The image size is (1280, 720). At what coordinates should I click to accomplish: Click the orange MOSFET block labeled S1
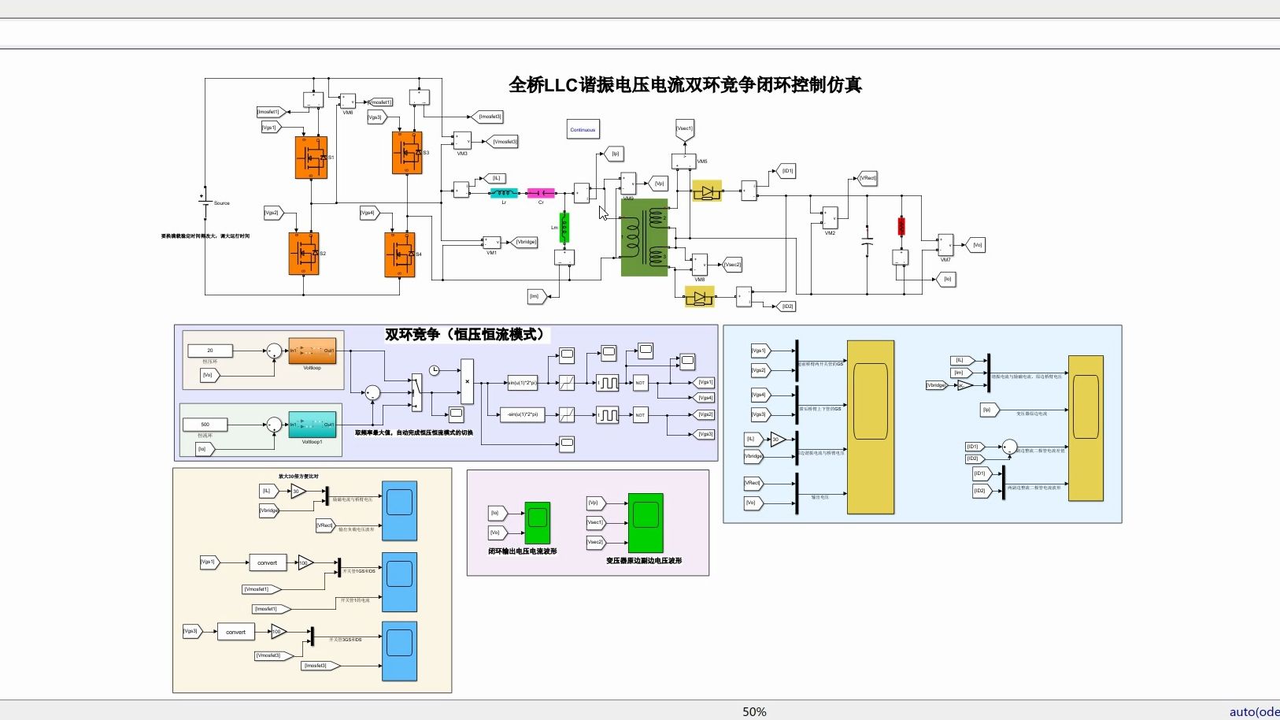[x=311, y=158]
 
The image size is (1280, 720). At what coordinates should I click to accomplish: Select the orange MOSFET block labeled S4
[x=400, y=254]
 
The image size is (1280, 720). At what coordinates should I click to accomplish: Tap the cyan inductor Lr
[x=504, y=193]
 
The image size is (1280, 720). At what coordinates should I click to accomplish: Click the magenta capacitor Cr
[x=541, y=193]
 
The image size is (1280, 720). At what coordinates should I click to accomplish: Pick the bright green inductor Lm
[x=564, y=227]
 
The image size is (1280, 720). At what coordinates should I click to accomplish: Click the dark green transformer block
[x=644, y=238]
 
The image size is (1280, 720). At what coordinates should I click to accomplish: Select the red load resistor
[x=901, y=226]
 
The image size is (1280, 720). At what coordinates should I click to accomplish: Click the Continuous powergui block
[x=583, y=130]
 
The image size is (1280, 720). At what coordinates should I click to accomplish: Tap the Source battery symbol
[x=204, y=202]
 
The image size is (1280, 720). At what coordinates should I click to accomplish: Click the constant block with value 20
[x=210, y=351]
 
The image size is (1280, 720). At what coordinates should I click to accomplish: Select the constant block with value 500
[x=205, y=425]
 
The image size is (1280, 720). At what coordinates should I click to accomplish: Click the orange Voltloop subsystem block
[x=312, y=351]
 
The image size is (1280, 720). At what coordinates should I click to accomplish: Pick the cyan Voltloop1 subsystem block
[x=312, y=425]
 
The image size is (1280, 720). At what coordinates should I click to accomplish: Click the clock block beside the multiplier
[x=434, y=370]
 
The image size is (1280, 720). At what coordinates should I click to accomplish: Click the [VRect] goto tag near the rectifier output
[x=868, y=178]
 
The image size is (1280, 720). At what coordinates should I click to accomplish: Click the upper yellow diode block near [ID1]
[x=706, y=191]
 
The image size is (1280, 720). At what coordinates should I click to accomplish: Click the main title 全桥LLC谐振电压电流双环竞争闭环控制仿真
[x=685, y=85]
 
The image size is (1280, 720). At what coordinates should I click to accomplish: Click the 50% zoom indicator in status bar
[x=754, y=711]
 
